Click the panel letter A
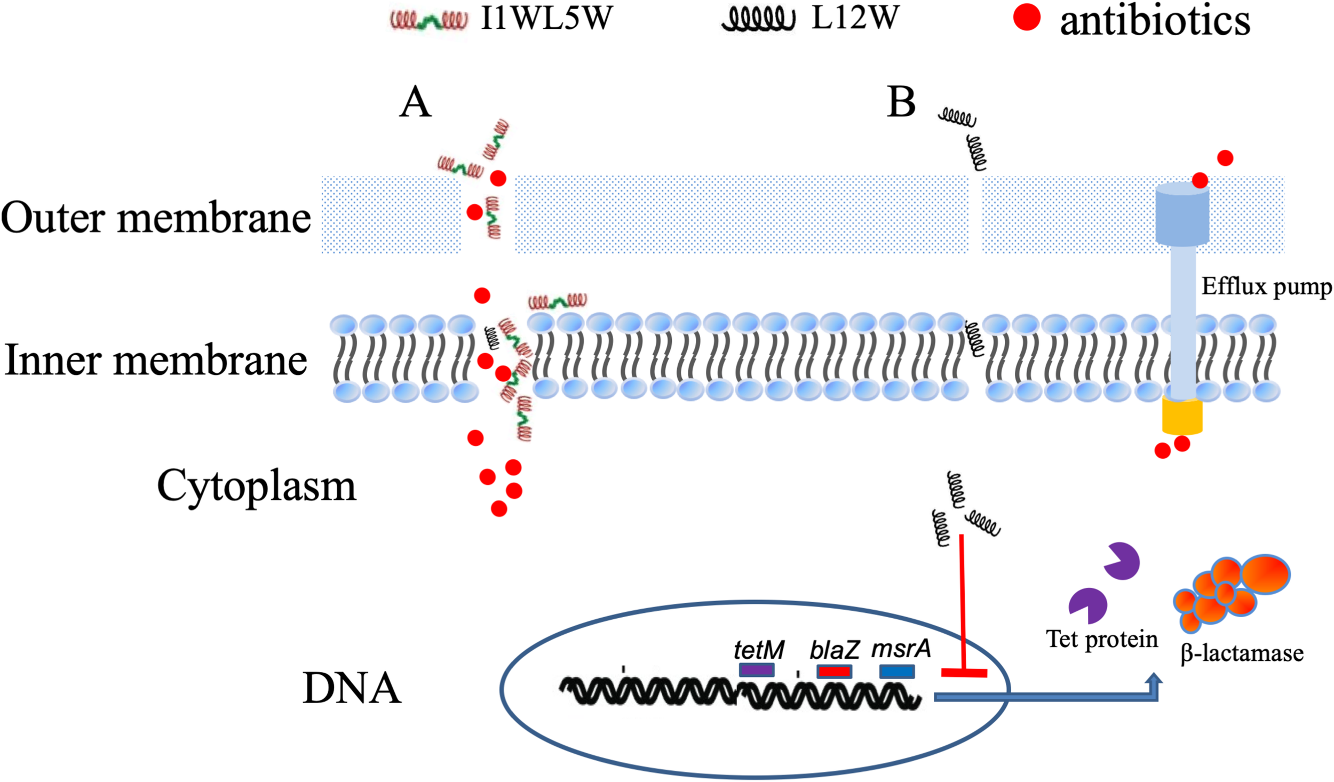pos(415,102)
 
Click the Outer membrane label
pos(155,218)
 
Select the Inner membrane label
pos(155,361)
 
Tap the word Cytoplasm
pos(256,486)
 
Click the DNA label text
pos(351,689)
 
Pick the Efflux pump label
pos(1266,287)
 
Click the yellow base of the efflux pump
pos(1182,417)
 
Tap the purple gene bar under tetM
pos(756,671)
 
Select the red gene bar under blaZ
pos(834,671)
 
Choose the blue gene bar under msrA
pos(896,671)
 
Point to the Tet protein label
pos(1101,639)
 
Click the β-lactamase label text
pos(1242,653)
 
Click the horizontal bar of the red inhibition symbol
pos(964,673)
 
